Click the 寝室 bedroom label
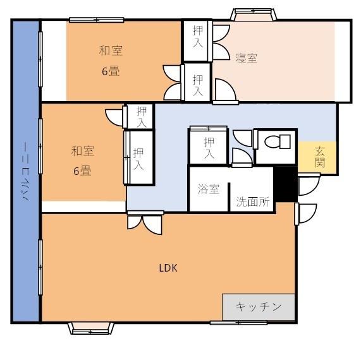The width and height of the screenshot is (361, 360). coord(246,58)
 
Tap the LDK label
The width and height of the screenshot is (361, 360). coord(168,267)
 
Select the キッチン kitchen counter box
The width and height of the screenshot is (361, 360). coord(259,307)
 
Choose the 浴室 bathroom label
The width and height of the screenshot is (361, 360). coord(208,189)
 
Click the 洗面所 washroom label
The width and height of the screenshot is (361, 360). coord(252,202)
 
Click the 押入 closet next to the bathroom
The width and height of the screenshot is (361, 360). coord(208,148)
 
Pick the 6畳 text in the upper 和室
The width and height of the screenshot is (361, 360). coord(111,71)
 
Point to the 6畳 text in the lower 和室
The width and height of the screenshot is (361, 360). coord(82,170)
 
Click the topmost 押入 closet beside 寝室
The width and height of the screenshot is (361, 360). coord(197,40)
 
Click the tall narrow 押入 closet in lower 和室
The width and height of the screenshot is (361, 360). coord(140,157)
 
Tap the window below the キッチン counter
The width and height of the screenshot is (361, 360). coord(229,323)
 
